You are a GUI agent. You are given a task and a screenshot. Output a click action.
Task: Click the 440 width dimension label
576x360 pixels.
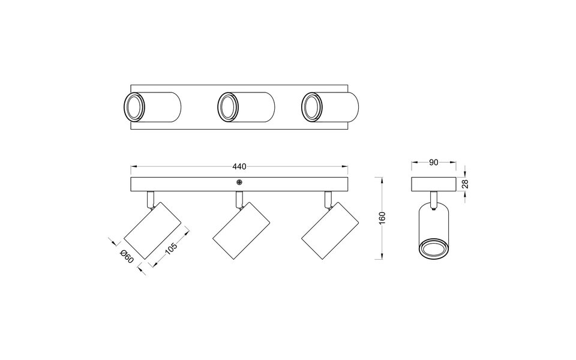[x=239, y=166]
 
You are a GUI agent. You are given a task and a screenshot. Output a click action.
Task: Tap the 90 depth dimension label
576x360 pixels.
[x=433, y=162]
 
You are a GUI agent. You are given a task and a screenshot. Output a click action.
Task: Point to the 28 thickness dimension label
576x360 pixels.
[x=465, y=184]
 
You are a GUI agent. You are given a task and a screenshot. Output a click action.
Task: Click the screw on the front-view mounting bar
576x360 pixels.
[x=239, y=182]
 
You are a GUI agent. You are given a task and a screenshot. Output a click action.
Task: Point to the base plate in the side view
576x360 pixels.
[x=434, y=184]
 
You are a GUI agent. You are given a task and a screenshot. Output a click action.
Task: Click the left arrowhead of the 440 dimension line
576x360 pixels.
[x=133, y=166]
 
